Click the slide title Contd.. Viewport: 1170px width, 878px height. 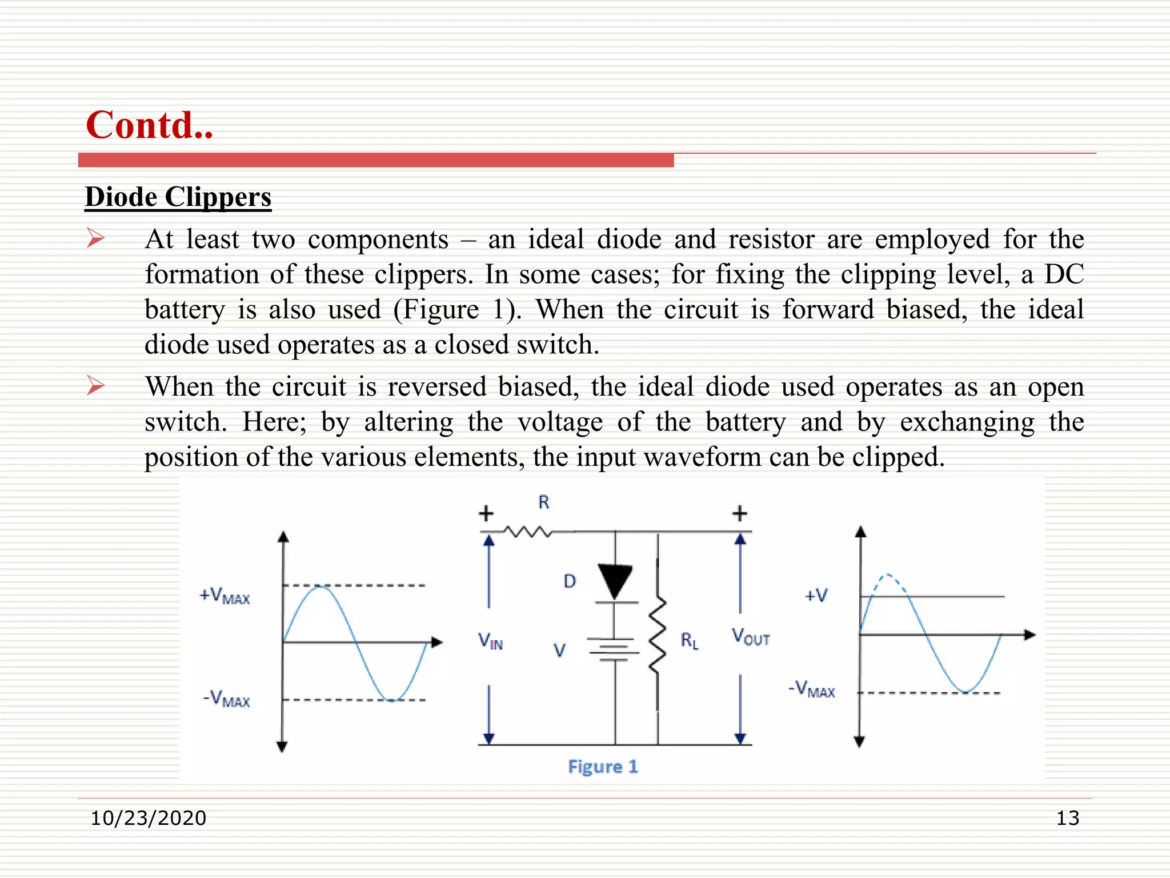click(149, 125)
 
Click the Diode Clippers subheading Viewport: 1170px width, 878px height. click(178, 197)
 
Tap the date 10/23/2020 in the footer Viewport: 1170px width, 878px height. click(148, 818)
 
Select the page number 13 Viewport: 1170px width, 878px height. click(1067, 818)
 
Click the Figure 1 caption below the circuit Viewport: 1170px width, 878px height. click(603, 767)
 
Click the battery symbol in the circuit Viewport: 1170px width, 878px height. click(615, 649)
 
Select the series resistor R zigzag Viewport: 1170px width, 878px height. click(528, 532)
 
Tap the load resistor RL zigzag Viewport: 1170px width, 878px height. click(658, 636)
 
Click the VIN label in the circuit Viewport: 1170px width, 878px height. click(490, 641)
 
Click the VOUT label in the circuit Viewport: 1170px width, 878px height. click(751, 637)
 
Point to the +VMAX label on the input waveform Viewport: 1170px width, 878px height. click(225, 596)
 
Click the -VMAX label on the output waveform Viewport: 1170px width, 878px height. click(812, 689)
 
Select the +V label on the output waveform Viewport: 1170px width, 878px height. click(816, 596)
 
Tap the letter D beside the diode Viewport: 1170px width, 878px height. click(570, 581)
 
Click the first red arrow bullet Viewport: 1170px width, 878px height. click(95, 238)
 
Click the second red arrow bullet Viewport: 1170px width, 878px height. click(95, 386)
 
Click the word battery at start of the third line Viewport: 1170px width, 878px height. click(185, 310)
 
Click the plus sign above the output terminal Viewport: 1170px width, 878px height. click(740, 513)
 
